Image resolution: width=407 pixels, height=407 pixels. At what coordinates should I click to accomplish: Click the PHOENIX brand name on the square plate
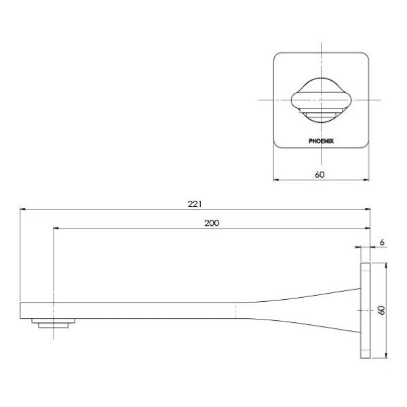(x=321, y=142)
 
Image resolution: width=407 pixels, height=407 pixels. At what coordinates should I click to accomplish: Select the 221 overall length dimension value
(x=196, y=203)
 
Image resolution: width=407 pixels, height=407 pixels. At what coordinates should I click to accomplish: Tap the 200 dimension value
(x=211, y=222)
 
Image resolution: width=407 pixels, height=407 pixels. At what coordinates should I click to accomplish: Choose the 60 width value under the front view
(x=320, y=174)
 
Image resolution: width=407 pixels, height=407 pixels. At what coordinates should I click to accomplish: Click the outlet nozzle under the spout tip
(x=52, y=324)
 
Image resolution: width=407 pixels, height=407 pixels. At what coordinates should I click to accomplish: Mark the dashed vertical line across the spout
(x=235, y=310)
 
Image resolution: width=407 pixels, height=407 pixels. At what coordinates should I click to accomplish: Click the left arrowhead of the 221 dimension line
(x=23, y=210)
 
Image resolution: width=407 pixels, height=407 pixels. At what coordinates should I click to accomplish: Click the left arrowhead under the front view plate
(x=275, y=180)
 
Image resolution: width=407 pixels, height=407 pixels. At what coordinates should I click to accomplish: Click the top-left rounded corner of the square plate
(x=277, y=56)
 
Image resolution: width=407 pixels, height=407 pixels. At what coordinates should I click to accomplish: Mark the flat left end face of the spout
(x=21, y=310)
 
